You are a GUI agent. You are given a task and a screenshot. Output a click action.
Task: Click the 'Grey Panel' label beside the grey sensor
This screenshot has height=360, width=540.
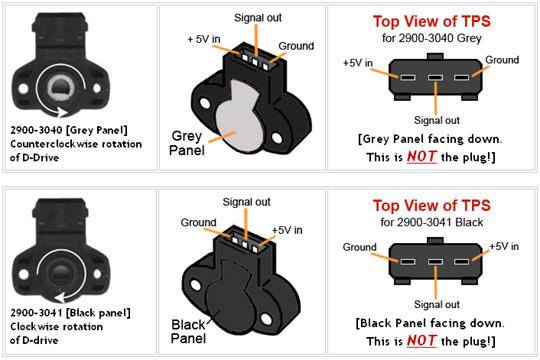187,143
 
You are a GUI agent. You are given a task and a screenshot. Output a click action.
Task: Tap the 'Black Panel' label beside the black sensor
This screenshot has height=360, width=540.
188,331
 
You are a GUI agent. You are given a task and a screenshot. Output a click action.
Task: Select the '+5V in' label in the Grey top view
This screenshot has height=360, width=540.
358,63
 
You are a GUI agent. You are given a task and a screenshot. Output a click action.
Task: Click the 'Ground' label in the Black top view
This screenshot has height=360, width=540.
360,247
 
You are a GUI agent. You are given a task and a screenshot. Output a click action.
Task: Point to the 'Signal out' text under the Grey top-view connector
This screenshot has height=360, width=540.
437,120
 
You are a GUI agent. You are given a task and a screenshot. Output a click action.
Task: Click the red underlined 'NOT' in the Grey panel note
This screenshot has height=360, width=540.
422,157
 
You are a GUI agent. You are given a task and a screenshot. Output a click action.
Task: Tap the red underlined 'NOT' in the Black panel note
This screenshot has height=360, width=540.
422,341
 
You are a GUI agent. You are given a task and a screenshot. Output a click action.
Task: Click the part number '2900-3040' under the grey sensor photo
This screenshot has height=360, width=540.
36,130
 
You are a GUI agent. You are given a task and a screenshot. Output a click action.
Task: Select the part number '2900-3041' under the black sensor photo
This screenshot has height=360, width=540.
36,313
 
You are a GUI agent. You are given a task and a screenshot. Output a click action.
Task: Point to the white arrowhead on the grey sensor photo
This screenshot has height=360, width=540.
63,112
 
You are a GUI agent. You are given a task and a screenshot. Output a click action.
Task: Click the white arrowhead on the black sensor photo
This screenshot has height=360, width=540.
61,297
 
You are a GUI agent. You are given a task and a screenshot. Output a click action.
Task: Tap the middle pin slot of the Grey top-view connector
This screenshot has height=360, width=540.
435,77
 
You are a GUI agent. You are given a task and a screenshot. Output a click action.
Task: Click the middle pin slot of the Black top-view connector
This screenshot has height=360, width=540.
435,262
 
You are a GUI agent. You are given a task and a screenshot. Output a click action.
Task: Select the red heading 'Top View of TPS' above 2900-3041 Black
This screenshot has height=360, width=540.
432,206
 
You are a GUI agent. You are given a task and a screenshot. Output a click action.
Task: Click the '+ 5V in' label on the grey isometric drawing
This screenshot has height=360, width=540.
204,39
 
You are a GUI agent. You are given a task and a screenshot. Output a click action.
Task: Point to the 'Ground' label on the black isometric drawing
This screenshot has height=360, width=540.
198,223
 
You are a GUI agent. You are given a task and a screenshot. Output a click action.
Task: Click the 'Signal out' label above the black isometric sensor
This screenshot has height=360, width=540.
246,202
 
